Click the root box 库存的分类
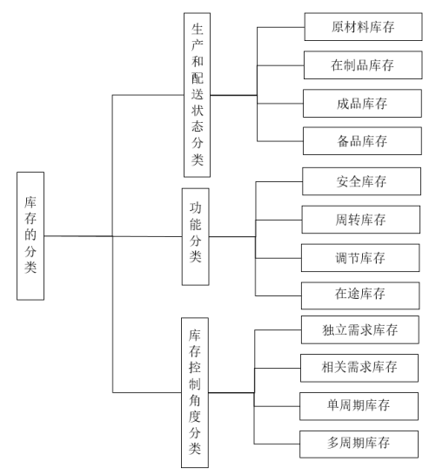click(30, 236)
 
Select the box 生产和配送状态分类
click(197, 95)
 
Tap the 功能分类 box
click(196, 236)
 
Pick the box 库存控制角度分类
click(195, 392)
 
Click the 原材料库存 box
click(363, 27)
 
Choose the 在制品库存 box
click(363, 65)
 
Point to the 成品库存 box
click(362, 104)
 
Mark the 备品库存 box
click(362, 141)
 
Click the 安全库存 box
click(361, 181)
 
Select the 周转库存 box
click(360, 220)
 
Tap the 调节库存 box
click(360, 258)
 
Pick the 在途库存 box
click(360, 295)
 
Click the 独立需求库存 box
click(360, 330)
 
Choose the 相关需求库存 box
click(359, 368)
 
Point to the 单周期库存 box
click(359, 406)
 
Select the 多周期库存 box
click(359, 444)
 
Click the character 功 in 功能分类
click(196, 208)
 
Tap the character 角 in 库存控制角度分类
click(195, 401)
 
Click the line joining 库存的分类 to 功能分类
click(113, 236)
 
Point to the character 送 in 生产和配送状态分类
click(198, 94)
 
